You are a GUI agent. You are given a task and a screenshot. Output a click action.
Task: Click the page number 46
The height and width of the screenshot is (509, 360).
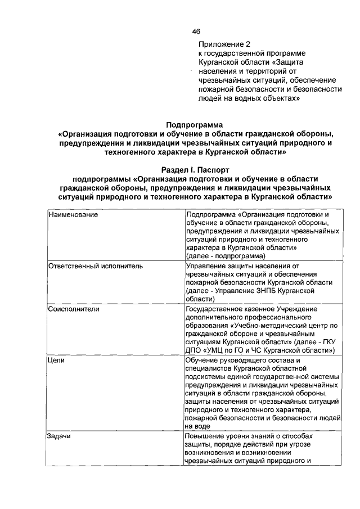pos(196,31)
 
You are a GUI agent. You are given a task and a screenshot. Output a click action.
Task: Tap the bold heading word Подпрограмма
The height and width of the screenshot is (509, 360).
pos(194,125)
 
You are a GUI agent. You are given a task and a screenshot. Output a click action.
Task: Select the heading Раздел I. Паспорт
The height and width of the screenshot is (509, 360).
pos(195,169)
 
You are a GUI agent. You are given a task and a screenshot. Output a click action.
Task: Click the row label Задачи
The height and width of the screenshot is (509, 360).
pos(59,436)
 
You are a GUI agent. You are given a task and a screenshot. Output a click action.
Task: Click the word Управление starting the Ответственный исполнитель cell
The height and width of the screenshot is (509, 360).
pos(205,265)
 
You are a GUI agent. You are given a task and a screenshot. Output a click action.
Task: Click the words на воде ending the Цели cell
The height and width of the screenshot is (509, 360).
pos(196,426)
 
